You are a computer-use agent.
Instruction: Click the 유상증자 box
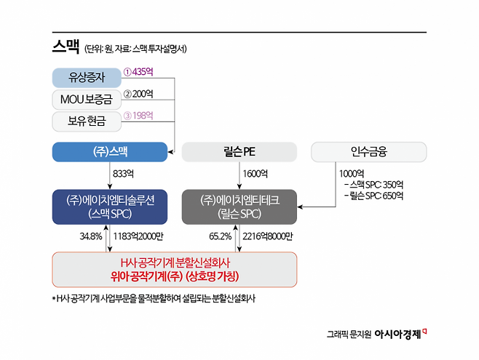click(x=87, y=78)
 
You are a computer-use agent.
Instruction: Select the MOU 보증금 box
click(x=87, y=100)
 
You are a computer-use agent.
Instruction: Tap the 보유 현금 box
click(x=87, y=121)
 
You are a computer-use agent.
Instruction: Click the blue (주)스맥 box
click(x=110, y=152)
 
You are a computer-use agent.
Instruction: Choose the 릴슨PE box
click(x=239, y=152)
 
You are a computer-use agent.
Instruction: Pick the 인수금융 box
click(x=369, y=152)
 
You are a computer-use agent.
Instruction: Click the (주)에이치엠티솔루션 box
click(x=110, y=207)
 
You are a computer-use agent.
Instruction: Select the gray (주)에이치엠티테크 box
click(x=239, y=207)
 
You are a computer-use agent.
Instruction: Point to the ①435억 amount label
click(x=138, y=72)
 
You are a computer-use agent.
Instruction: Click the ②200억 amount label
click(x=138, y=94)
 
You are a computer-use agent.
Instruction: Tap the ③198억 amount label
click(x=138, y=116)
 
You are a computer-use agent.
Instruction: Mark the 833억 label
click(x=124, y=174)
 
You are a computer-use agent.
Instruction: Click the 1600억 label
click(x=255, y=174)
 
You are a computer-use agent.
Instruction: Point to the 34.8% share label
click(x=91, y=236)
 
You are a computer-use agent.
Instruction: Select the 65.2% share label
click(x=221, y=236)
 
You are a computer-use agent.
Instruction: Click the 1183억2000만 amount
click(x=138, y=236)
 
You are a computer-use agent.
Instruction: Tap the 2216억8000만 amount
click(x=268, y=236)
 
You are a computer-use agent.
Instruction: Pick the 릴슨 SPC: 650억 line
click(x=374, y=196)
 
